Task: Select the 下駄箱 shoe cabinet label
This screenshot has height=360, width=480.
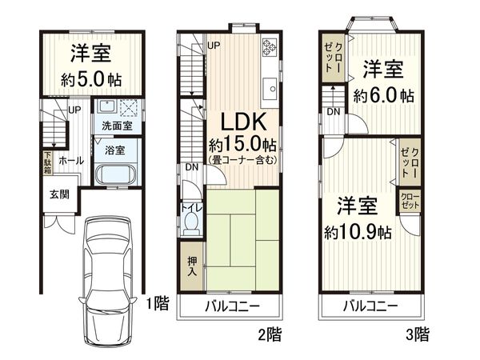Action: [48, 163]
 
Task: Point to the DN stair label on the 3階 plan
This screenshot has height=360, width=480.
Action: [332, 111]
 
